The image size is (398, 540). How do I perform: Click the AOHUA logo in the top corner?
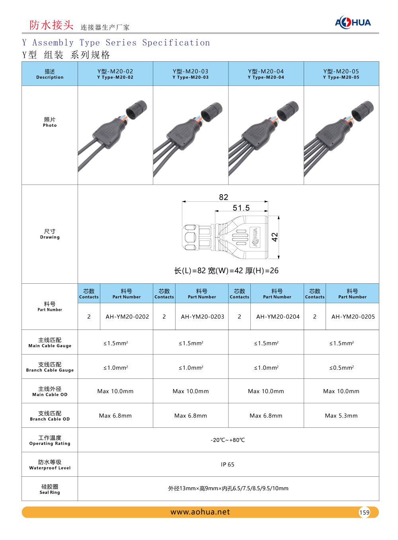[x=353, y=23]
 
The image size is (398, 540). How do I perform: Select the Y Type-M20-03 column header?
[x=191, y=74]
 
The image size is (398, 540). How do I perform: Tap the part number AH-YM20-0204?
[x=278, y=317]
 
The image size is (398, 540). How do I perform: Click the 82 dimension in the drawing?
[x=224, y=197]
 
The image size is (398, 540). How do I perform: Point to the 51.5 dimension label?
[x=241, y=208]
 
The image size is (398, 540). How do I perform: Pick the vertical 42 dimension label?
[x=275, y=237]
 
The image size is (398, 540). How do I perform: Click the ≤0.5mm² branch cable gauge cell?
[x=341, y=368]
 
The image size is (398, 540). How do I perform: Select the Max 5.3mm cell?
[x=341, y=416]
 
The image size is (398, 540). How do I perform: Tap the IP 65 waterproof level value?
[x=228, y=464]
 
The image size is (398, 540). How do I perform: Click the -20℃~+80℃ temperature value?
[x=228, y=440]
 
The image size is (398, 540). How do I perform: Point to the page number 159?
[x=364, y=513]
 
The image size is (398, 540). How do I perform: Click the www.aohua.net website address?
[x=200, y=512]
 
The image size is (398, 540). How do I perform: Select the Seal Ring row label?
[x=50, y=489]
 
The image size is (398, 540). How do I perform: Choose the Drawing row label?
[x=50, y=234]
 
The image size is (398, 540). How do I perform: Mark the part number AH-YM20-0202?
[x=127, y=317]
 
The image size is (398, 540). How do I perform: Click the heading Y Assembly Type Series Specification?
[x=116, y=43]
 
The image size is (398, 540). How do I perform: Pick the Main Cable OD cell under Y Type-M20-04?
[x=266, y=392]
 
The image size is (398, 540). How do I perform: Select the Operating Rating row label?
[x=50, y=440]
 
